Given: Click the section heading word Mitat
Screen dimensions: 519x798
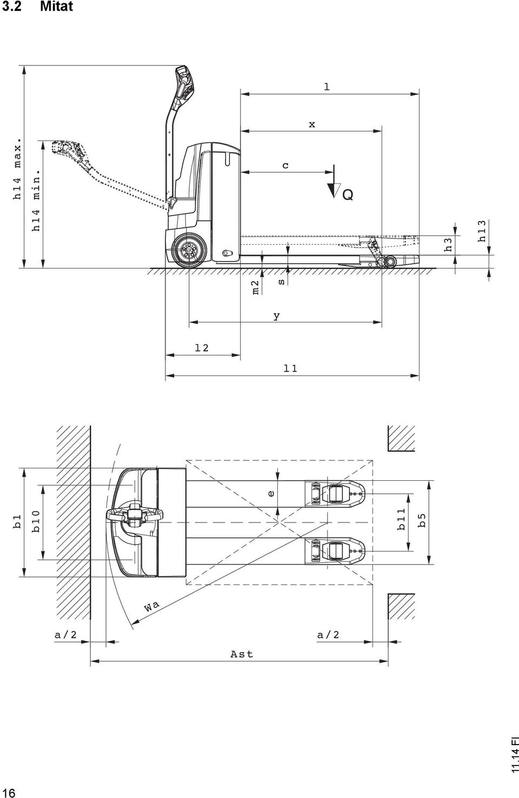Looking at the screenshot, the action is pyautogui.click(x=56, y=6).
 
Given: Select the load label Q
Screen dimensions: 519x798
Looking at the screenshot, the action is pyautogui.click(x=348, y=195).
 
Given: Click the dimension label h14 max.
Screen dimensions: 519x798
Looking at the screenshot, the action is pyautogui.click(x=17, y=169).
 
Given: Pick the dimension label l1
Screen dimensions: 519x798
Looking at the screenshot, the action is pyautogui.click(x=290, y=368).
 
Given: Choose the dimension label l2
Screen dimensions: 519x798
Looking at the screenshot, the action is pyautogui.click(x=202, y=348).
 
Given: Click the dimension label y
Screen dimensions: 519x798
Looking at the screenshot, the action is pyautogui.click(x=277, y=316).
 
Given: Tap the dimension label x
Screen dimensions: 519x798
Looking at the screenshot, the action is pyautogui.click(x=312, y=124).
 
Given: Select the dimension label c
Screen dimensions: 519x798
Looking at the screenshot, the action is pyautogui.click(x=285, y=166).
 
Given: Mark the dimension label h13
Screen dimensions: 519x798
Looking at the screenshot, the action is pyautogui.click(x=482, y=231).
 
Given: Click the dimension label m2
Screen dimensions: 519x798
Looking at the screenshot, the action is pyautogui.click(x=255, y=287).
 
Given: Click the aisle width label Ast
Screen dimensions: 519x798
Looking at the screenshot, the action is pyautogui.click(x=242, y=654).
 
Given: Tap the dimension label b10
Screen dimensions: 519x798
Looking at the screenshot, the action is pyautogui.click(x=36, y=521).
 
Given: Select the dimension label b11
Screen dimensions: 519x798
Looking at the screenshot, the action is pyautogui.click(x=401, y=519).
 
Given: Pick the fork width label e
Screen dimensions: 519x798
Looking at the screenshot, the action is pyautogui.click(x=271, y=494).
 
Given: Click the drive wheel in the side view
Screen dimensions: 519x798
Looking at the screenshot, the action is pyautogui.click(x=189, y=250).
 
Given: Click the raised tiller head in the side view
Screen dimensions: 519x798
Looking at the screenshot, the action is pyautogui.click(x=185, y=84).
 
